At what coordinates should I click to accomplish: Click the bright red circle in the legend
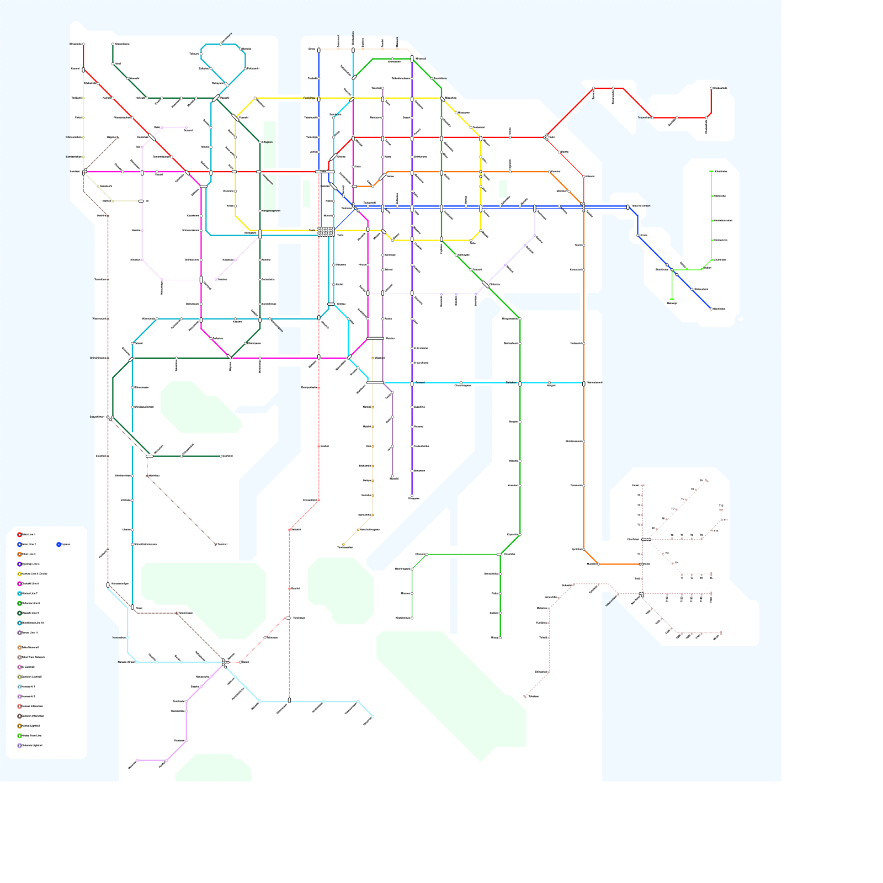pyautogui.click(x=19, y=534)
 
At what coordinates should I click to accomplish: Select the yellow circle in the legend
pyautogui.click(x=19, y=573)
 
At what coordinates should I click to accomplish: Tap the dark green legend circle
pyautogui.click(x=19, y=613)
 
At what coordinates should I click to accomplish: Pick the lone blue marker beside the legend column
pyautogui.click(x=58, y=544)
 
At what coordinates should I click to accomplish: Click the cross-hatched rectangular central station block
pyautogui.click(x=326, y=232)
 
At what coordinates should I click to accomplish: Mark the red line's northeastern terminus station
pyautogui.click(x=711, y=88)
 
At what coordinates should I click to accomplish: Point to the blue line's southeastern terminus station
pyautogui.click(x=711, y=309)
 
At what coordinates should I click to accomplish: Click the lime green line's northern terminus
pyautogui.click(x=711, y=172)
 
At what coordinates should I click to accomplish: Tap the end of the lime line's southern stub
pyautogui.click(x=672, y=299)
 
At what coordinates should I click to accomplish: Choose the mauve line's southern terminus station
pyautogui.click(x=392, y=476)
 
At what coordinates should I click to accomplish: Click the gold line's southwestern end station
pyautogui.click(x=343, y=545)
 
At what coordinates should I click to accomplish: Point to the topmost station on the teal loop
pyautogui.click(x=221, y=44)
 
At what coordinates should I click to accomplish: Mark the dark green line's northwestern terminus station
pyautogui.click(x=113, y=44)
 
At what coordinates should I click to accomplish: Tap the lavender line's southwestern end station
pyautogui.click(x=137, y=760)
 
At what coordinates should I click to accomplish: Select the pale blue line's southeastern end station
pyautogui.click(x=373, y=716)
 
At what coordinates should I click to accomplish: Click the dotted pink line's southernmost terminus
pyautogui.click(x=525, y=696)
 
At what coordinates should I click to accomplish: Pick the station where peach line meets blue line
pyautogui.click(x=319, y=50)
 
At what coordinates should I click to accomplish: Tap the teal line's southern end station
pyautogui.click(x=132, y=607)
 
